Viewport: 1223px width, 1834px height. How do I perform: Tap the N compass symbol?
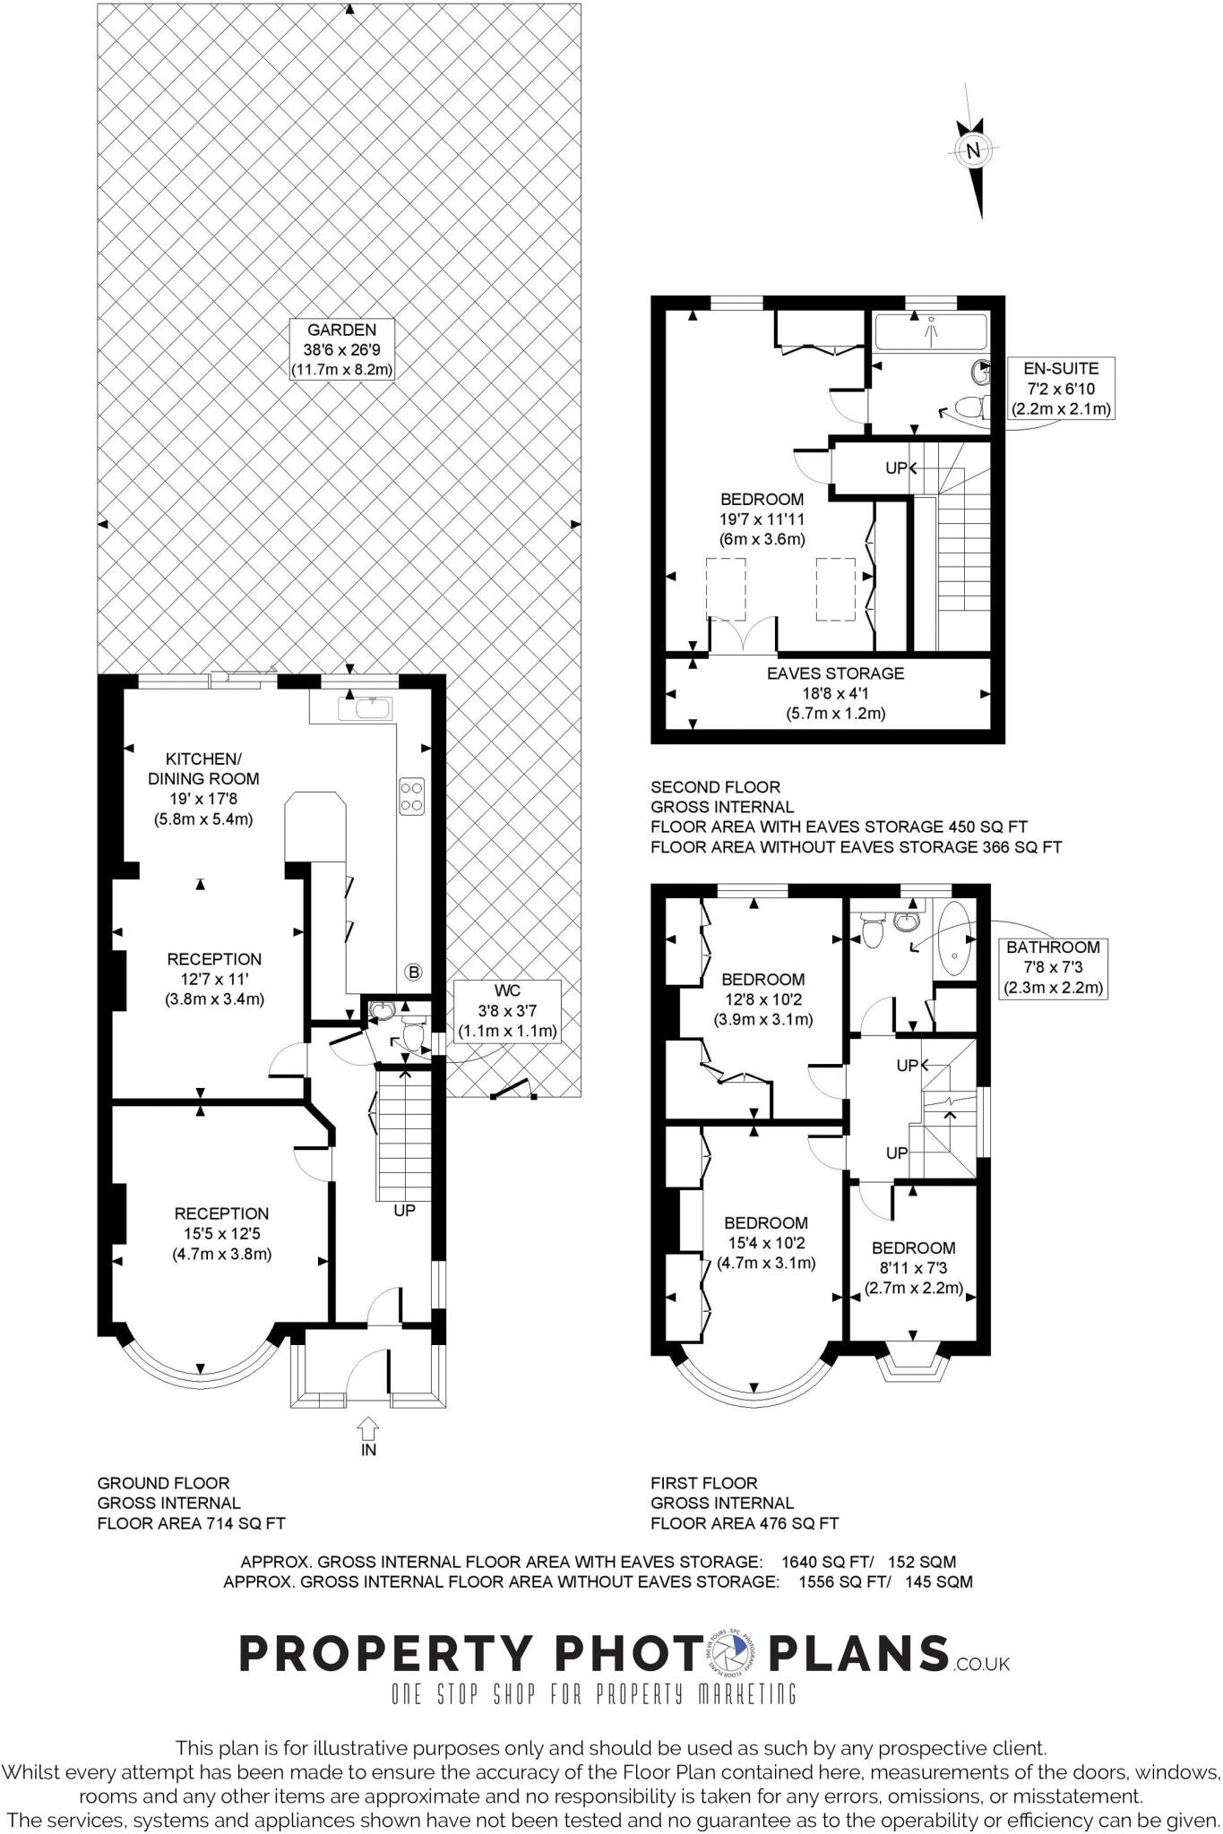[973, 151]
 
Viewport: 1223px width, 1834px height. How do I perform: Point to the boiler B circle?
[413, 972]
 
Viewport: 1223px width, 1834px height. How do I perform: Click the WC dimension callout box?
[507, 1011]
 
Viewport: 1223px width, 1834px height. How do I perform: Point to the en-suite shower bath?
[931, 330]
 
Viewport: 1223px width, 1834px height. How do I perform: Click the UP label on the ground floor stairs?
[405, 1211]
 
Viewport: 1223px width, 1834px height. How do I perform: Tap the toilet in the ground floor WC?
[413, 1034]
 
